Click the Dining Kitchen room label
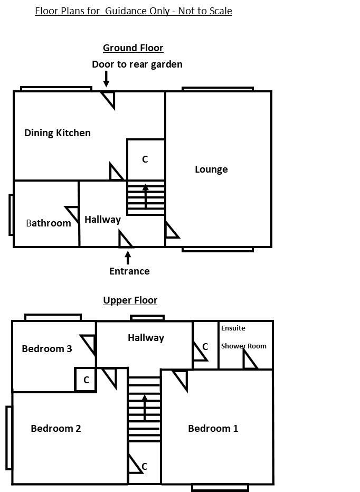point(58,133)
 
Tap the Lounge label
point(211,169)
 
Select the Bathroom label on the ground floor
point(49,223)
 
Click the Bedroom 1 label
point(213,428)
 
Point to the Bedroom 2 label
point(55,428)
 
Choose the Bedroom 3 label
point(47,348)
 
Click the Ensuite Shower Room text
point(243,337)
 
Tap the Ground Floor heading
point(133,48)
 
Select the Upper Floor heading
point(130,300)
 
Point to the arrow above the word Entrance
point(128,258)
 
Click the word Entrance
point(129,271)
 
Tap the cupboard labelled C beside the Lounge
point(145,159)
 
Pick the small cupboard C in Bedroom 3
point(86,380)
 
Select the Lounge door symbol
point(171,230)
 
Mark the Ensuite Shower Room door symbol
point(249,360)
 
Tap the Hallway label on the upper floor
point(146,338)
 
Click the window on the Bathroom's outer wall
point(11,214)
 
